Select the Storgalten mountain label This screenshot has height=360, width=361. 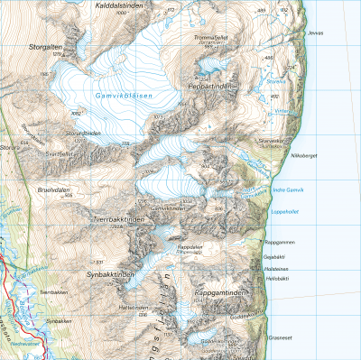45,47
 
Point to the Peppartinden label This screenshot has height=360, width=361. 209,85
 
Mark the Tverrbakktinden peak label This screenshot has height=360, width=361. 118,219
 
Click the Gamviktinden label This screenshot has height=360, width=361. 167,208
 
